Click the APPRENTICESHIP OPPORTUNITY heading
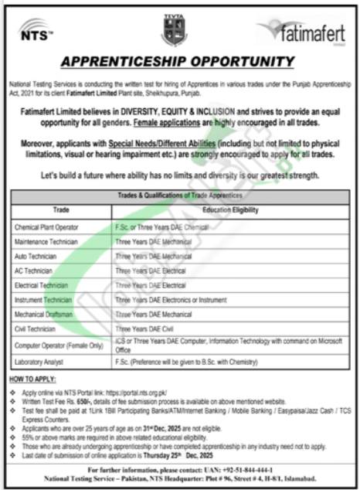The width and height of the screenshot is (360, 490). tap(179, 63)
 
